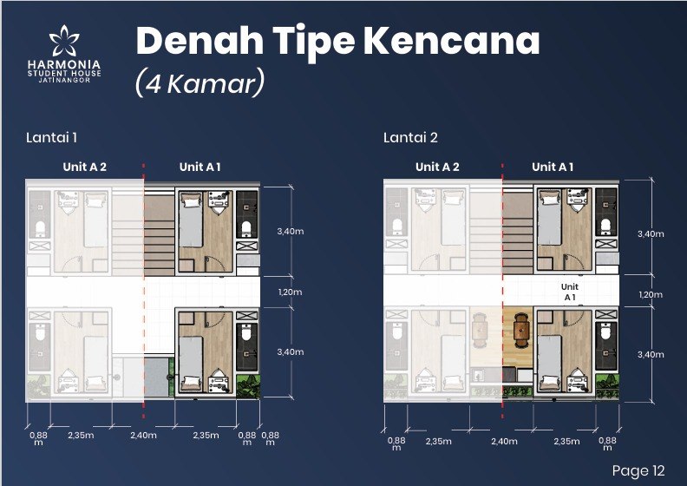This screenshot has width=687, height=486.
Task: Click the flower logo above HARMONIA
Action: point(64,40)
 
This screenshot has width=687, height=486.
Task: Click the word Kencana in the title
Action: point(451,41)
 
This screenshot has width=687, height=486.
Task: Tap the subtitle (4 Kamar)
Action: point(200,82)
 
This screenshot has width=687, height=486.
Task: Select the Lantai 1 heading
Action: point(52,138)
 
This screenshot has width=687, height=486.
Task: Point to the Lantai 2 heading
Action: point(410,138)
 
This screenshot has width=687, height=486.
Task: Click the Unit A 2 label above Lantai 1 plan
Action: point(84,167)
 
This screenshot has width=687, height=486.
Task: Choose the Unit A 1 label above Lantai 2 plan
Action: point(553,167)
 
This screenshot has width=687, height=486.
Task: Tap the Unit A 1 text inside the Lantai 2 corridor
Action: point(570,292)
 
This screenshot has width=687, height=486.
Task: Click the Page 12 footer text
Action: point(638,470)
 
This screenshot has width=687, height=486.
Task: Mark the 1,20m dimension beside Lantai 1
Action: point(290,292)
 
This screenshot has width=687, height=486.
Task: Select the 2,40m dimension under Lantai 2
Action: point(504,441)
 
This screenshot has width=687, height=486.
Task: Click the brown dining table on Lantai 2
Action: point(522,330)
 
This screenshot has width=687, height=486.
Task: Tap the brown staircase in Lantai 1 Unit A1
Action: point(160,234)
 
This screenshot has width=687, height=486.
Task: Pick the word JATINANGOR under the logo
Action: point(64,80)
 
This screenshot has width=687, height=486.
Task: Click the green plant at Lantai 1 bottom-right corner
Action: point(248,386)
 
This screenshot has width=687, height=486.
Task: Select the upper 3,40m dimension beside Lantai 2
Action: point(651,234)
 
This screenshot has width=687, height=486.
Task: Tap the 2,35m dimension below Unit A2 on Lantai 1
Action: point(81,435)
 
